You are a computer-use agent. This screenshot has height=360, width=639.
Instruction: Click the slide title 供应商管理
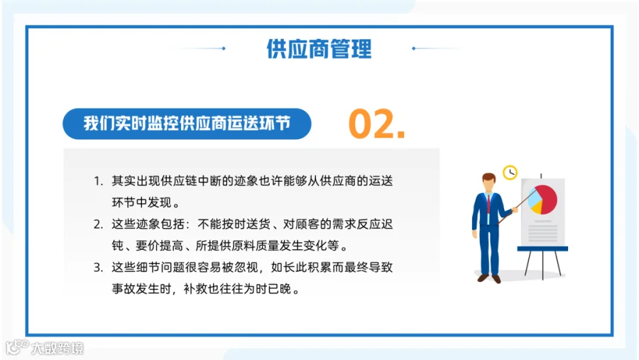[319, 49]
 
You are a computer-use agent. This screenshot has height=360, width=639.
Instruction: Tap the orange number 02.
[376, 124]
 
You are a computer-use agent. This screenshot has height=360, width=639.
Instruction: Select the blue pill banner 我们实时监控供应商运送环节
[187, 124]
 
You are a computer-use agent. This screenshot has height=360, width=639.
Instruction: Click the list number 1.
[98, 181]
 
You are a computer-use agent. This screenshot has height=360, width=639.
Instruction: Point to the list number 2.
[98, 224]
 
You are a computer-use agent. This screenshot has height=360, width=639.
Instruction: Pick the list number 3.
[98, 268]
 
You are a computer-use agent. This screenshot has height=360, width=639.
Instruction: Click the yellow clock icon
[510, 173]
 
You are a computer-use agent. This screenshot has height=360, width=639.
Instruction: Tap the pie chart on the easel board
[542, 200]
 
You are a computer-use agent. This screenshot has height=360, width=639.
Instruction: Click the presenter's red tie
[488, 204]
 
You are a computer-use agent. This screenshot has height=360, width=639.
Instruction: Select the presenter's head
[488, 182]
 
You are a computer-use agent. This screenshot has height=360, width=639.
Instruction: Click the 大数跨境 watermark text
[58, 348]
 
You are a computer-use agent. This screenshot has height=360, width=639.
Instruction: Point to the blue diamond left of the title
[224, 48]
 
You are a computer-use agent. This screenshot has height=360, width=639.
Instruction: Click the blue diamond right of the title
[414, 48]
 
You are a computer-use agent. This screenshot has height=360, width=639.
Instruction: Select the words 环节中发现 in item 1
[142, 202]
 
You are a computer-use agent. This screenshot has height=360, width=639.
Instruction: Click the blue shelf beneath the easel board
[542, 249]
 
